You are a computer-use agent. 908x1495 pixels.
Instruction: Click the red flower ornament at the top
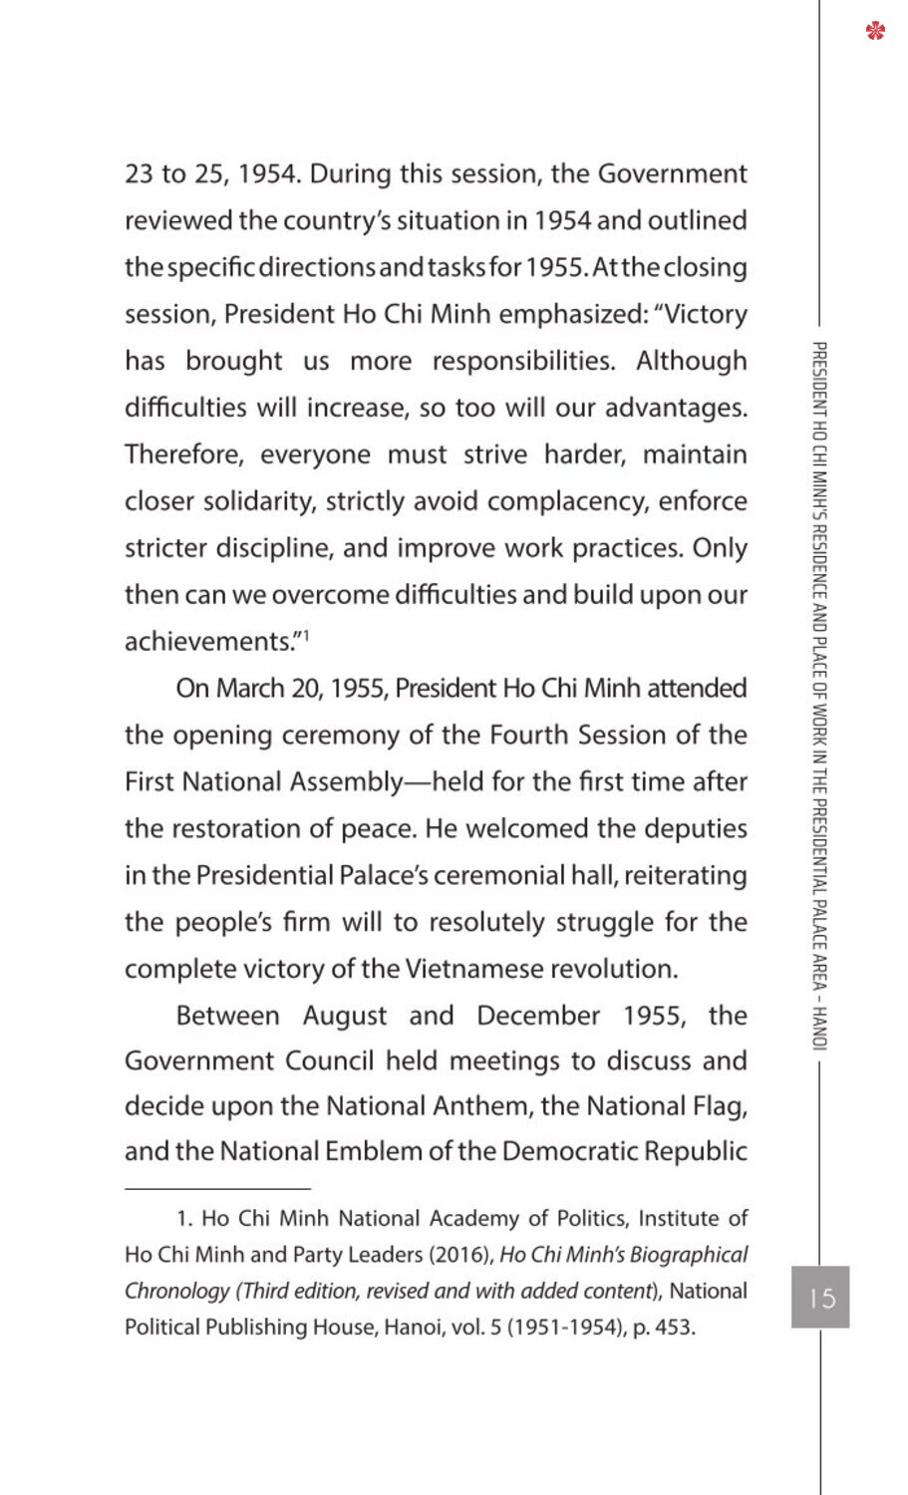click(875, 31)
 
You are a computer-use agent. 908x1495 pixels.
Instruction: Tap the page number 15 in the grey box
click(821, 1298)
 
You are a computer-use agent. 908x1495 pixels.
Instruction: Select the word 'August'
click(345, 1016)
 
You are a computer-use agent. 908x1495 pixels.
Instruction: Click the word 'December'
click(538, 1016)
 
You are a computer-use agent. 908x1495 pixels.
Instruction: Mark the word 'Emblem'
click(378, 1151)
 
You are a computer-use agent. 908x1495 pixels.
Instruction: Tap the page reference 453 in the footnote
click(675, 1328)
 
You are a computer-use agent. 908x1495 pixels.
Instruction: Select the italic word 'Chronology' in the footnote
click(175, 1292)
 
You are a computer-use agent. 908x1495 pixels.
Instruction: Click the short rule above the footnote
click(217, 1188)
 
